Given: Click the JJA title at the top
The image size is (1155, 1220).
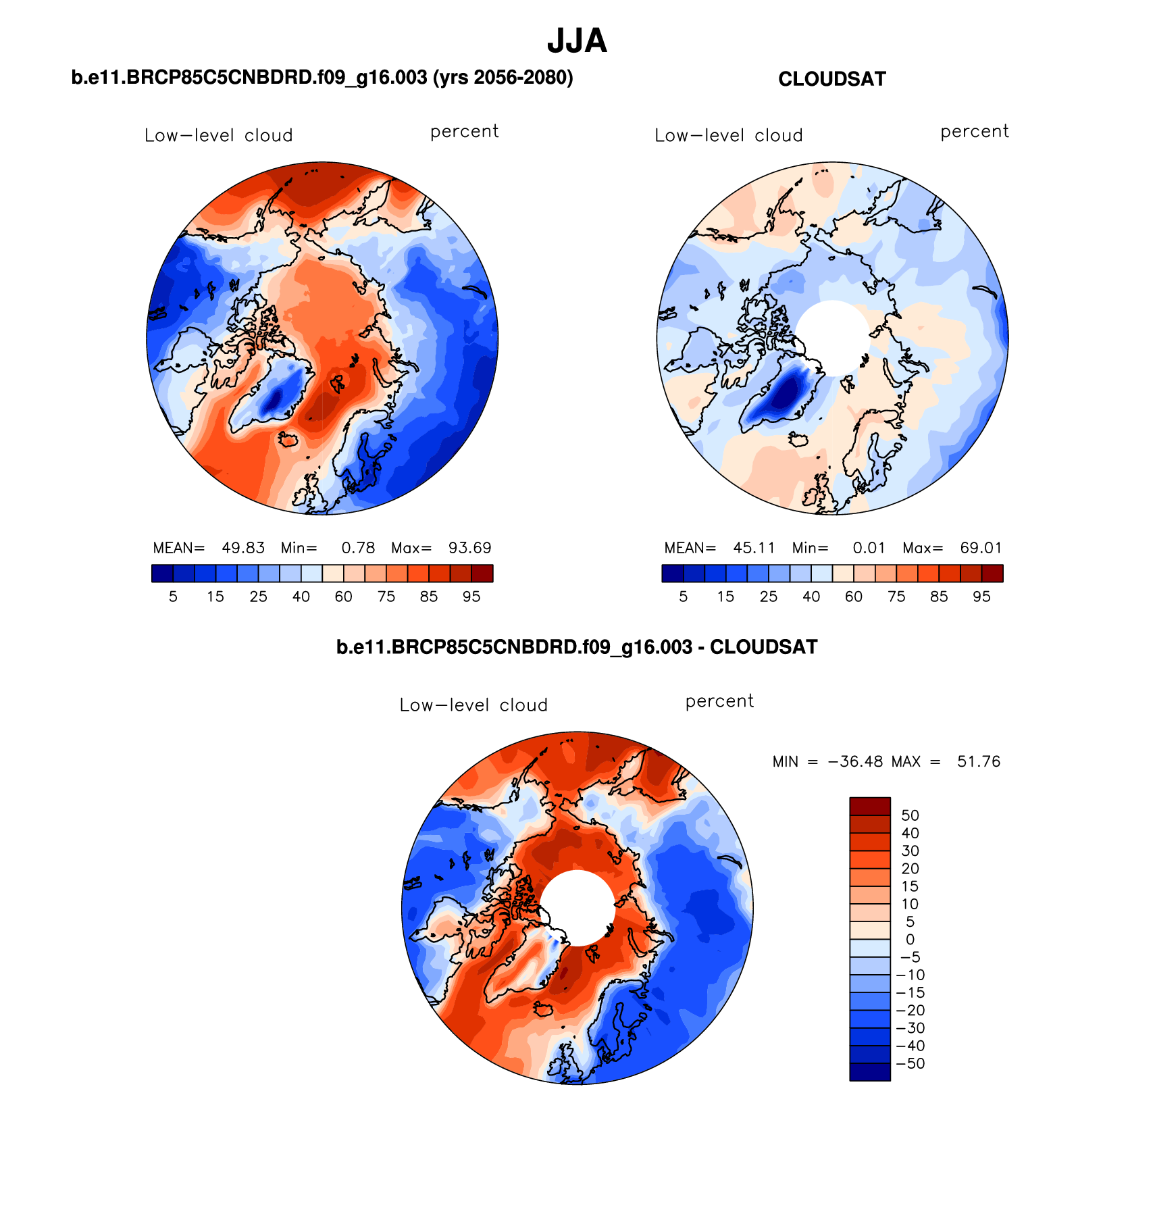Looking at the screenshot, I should click(577, 41).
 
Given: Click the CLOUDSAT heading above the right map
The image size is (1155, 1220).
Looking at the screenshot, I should click(831, 79).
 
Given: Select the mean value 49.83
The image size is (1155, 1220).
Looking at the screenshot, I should click(243, 548).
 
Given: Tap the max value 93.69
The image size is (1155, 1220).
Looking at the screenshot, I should click(469, 548).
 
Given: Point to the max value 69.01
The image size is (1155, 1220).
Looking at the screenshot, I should click(981, 548).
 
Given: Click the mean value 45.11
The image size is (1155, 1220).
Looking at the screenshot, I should click(754, 548).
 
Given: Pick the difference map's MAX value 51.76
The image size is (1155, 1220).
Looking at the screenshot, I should click(978, 762).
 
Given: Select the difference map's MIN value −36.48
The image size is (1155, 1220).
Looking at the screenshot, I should click(855, 762).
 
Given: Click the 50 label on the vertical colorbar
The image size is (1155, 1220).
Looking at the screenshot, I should click(910, 815).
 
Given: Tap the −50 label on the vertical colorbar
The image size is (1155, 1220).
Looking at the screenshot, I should click(910, 1063).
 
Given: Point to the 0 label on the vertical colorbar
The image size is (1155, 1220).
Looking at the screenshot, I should click(910, 940).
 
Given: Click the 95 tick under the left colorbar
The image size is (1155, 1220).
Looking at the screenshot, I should click(471, 596).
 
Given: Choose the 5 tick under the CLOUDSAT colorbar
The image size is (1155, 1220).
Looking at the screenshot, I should click(683, 596).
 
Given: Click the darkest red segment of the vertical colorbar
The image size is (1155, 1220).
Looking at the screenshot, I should click(869, 806).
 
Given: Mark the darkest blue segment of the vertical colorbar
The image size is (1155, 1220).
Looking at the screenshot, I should click(869, 1072).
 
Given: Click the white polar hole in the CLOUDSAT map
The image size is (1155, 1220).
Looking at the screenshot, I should click(832, 336).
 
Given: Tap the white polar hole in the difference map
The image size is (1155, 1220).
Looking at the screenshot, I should click(577, 907).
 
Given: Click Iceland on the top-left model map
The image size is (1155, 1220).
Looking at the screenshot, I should click(288, 440).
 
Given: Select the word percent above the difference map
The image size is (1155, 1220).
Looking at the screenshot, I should click(719, 701).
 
